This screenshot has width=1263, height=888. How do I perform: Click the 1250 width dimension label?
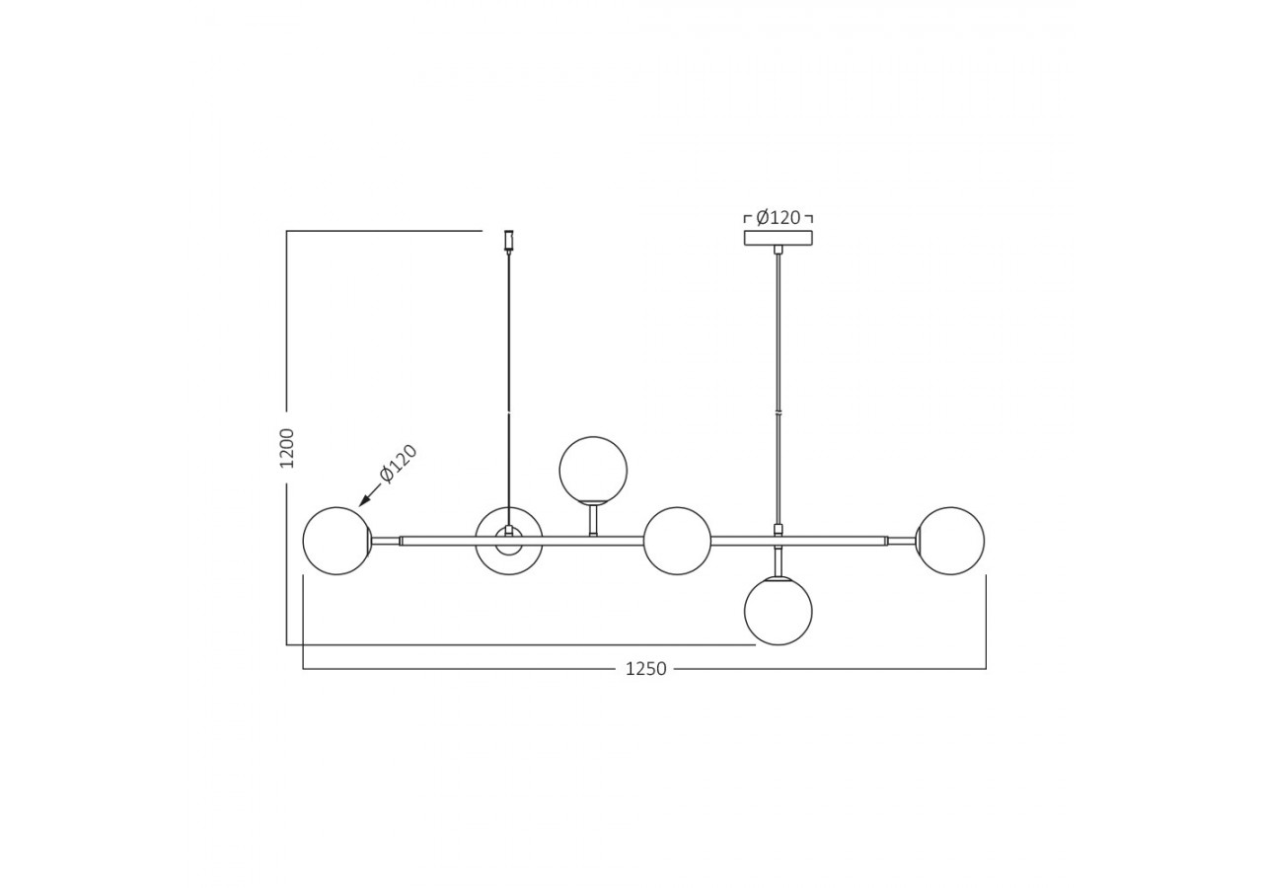click(x=645, y=669)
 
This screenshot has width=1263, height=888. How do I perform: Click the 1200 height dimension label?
click(x=287, y=448)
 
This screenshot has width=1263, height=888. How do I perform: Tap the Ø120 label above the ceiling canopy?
click(x=779, y=218)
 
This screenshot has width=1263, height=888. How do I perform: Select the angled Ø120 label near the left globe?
click(x=400, y=464)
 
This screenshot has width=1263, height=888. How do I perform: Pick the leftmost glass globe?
click(x=336, y=541)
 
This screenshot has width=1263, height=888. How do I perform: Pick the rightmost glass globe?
click(x=950, y=541)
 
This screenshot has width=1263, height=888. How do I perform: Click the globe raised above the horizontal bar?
click(x=593, y=470)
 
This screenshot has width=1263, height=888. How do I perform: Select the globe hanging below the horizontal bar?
click(x=779, y=611)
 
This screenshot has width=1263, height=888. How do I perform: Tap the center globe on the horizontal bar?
click(x=677, y=541)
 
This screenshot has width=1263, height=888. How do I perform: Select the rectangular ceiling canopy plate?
click(x=779, y=238)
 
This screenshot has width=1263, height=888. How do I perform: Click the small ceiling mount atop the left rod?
click(x=509, y=240)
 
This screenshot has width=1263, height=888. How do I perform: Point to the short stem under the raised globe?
click(x=593, y=519)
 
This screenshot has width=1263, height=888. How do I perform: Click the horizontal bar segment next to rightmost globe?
click(x=900, y=541)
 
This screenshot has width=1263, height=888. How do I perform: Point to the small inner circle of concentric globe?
click(x=509, y=542)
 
